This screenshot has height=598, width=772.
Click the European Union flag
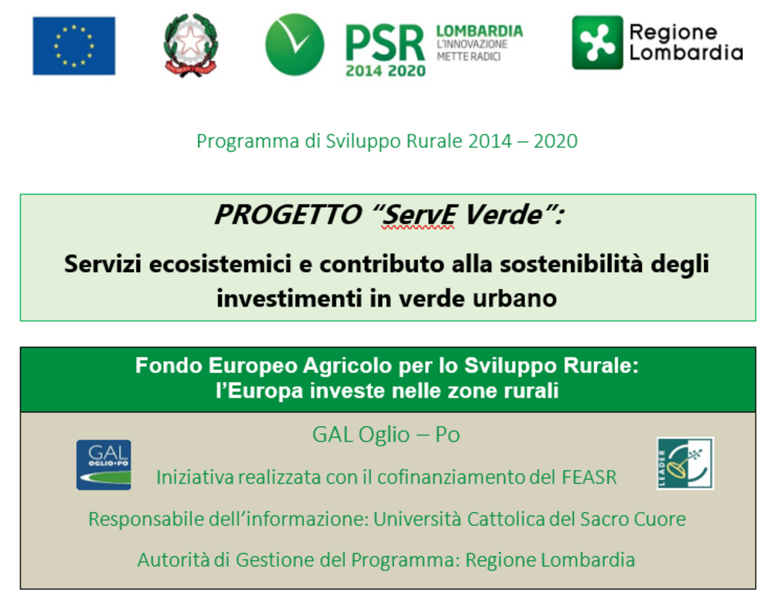74,46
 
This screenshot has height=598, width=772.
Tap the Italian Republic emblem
191,45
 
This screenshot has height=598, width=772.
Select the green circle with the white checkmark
294,44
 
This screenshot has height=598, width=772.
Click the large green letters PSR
385,43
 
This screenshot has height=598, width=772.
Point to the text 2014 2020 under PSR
386,71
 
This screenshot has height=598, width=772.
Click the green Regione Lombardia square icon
597,43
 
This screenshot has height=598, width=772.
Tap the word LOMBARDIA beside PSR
480,31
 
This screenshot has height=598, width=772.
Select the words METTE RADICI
469,57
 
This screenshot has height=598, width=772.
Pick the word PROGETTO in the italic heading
288,215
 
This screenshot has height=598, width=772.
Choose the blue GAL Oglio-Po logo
104,465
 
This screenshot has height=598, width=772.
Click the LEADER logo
685,463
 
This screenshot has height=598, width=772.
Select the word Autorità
173,560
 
